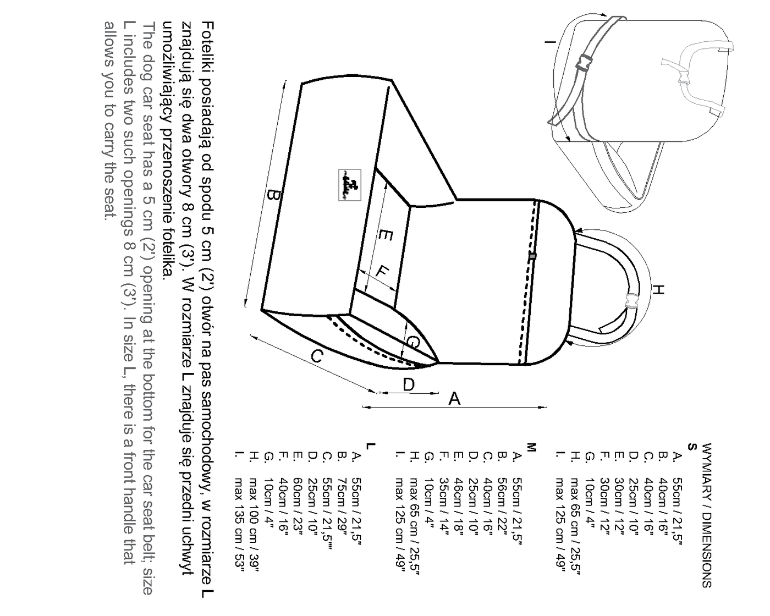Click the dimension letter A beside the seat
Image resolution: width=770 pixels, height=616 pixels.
pos(454,398)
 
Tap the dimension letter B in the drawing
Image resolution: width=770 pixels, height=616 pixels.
pos(274,195)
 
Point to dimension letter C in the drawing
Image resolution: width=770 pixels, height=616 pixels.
pos(317,356)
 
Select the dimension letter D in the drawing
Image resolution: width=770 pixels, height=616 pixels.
pos(409,385)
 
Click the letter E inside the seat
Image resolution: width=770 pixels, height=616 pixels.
pos(386,235)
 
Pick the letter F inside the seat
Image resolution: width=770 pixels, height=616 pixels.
pos(382,273)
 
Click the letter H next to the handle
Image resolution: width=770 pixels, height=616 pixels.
pos(658,289)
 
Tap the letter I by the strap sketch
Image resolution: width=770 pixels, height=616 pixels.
pos(551,42)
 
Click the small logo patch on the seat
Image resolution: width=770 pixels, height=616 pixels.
pos(350,185)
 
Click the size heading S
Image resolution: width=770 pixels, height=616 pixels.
pos(692,447)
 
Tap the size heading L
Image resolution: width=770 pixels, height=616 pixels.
pos(371,446)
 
